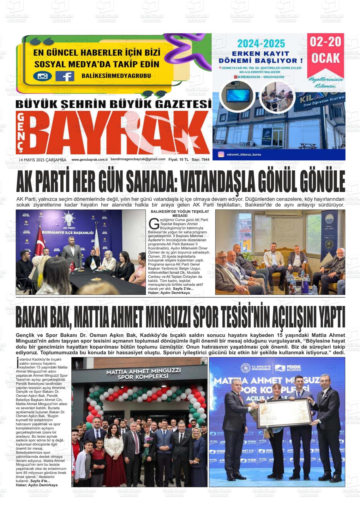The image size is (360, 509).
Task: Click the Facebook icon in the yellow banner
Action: [65, 76]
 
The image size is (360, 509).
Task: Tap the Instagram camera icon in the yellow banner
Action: [42, 76]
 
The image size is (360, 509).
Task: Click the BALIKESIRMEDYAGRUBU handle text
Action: [116, 76]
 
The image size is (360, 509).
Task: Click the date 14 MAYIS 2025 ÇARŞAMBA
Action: [42, 160]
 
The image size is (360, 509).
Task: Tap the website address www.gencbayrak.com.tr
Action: [90, 160]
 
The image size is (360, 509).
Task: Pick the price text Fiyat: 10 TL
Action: [178, 160]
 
